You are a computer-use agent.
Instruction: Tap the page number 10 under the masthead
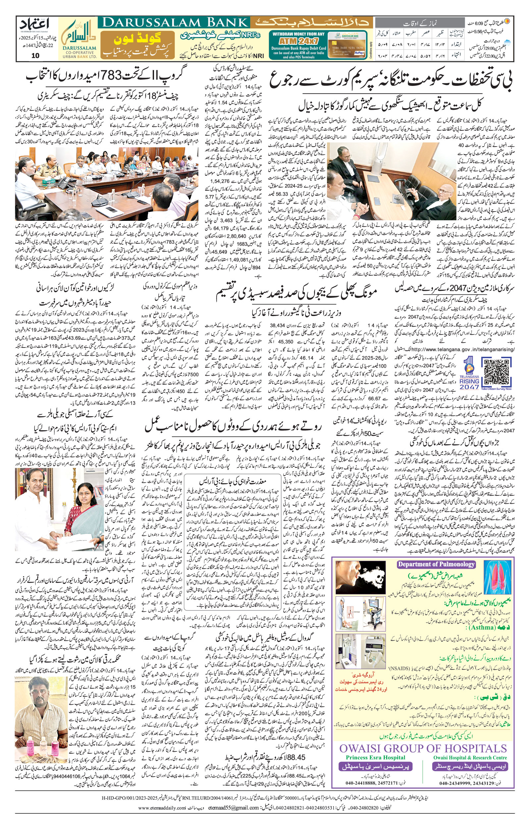click(35, 56)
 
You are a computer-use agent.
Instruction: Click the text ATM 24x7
click(298, 41)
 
